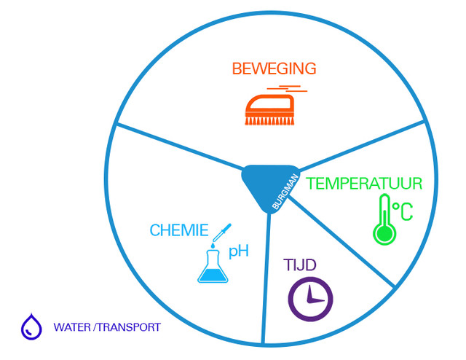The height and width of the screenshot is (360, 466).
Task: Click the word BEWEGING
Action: point(274,69)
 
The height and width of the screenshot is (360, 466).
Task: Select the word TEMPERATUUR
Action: point(364,183)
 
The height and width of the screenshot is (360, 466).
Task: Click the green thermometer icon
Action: point(383,218)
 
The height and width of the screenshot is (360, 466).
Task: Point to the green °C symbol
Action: point(403,212)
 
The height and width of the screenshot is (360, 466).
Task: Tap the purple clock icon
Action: point(311,298)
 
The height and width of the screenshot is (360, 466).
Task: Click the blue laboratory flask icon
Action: point(213,266)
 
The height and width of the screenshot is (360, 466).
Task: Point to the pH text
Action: point(239,252)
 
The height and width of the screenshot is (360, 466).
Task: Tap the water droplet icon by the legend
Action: point(31,326)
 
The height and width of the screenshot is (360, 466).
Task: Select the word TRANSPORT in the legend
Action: point(132,327)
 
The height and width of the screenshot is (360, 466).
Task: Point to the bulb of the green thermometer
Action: point(382,233)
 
